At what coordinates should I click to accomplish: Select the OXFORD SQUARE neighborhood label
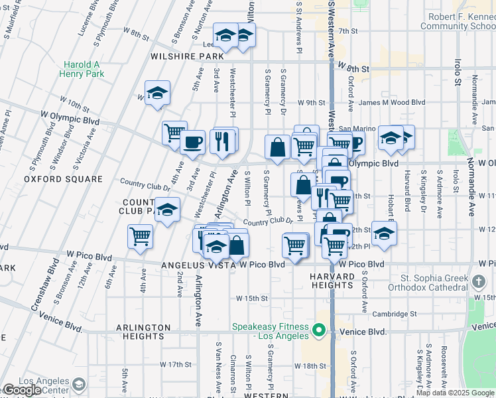point(63,179)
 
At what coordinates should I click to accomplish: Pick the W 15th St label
point(251,298)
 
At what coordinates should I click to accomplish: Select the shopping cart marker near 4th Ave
point(141,235)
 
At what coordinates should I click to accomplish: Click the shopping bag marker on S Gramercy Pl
point(277,146)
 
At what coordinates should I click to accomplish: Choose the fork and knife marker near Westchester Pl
point(221,141)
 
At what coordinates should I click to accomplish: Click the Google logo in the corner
point(23,390)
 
